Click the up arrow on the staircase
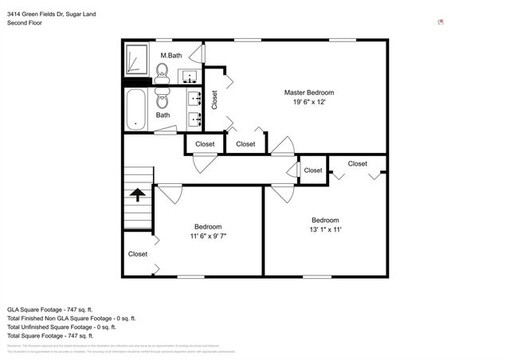[138, 194]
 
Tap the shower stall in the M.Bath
[136, 60]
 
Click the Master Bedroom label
[309, 92]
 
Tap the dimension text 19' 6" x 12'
[309, 102]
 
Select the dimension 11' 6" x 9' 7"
[208, 237]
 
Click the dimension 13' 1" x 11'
[325, 230]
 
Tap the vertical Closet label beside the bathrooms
[214, 99]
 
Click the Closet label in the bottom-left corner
[137, 254]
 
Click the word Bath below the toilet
[163, 115]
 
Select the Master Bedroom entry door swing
[282, 147]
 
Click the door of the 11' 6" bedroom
[169, 194]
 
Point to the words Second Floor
[25, 24]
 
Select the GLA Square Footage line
[50, 308]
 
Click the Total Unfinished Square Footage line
[61, 327]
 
